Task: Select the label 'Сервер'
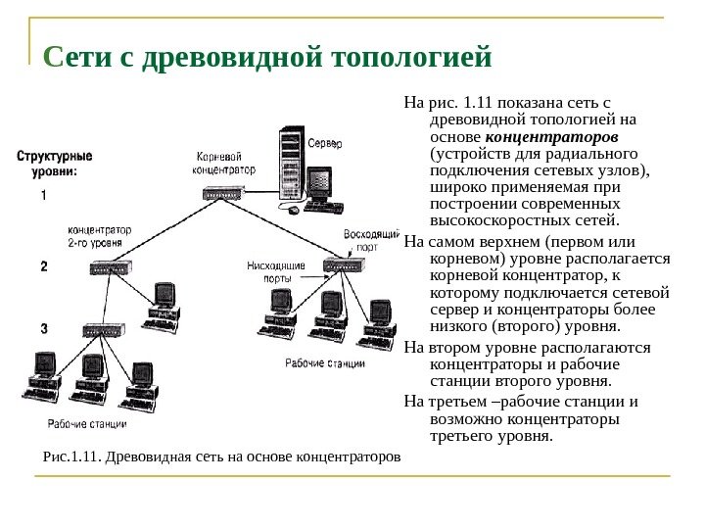[326, 144]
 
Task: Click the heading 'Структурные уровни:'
[54, 163]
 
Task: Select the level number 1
[43, 195]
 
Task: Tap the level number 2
[43, 265]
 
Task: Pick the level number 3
[43, 328]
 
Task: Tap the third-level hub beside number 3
[105, 331]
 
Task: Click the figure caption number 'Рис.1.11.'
[72, 456]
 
